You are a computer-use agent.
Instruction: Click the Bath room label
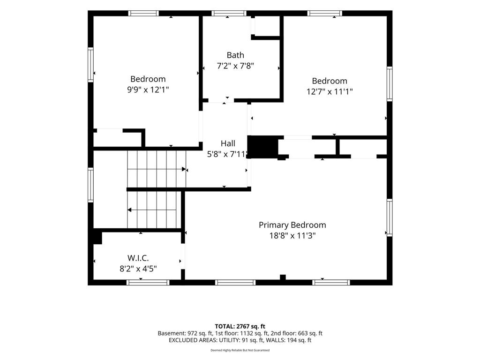pos(235,55)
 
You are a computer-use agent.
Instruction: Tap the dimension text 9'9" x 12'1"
pos(148,90)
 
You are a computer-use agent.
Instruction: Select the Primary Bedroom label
pos(292,225)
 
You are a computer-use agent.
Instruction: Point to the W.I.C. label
pos(138,258)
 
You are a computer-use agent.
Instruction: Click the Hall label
pos(228,143)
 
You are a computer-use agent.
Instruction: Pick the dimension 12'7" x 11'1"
pos(330,91)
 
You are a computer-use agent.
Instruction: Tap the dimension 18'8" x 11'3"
pos(292,236)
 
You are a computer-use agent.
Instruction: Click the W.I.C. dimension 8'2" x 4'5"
pos(138,269)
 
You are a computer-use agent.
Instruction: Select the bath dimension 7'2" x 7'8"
pos(235,66)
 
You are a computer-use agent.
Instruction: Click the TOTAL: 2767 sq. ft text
pos(240,326)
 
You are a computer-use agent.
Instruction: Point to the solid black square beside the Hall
pos(262,147)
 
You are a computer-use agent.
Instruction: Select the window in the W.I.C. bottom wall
pos(148,282)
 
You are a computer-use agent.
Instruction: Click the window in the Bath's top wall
pos(229,13)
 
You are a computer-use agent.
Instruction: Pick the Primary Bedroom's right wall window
pos(390,217)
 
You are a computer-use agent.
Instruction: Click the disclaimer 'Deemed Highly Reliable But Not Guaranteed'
pos(240,350)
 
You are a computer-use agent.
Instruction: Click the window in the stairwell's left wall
pos(90,185)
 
